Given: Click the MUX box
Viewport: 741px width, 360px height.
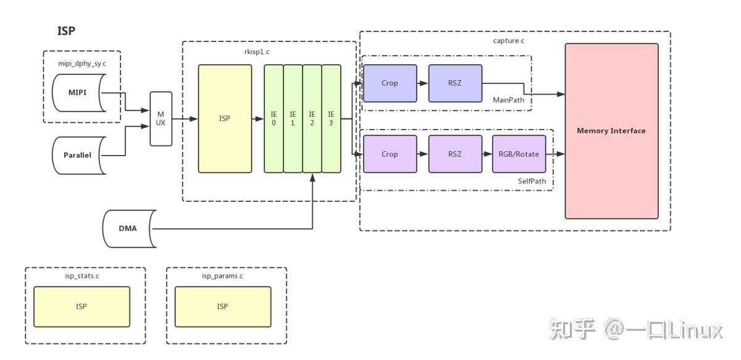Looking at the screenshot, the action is pyautogui.click(x=161, y=119).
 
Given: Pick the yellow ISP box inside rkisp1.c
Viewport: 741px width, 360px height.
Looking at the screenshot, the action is pyautogui.click(x=225, y=119).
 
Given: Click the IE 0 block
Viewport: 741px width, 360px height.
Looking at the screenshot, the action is pyautogui.click(x=274, y=119).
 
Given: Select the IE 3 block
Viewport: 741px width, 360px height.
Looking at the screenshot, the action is pyautogui.click(x=331, y=119).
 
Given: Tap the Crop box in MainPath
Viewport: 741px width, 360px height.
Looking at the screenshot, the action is pyautogui.click(x=390, y=83).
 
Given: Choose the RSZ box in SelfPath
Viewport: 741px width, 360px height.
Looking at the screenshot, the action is pyautogui.click(x=455, y=154).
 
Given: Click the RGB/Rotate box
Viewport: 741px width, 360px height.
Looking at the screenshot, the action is pyautogui.click(x=519, y=154).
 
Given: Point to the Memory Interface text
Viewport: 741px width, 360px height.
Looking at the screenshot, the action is pyautogui.click(x=611, y=131).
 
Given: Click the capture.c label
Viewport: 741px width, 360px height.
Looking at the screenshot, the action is pyautogui.click(x=508, y=41).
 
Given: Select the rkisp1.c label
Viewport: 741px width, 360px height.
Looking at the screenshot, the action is pyautogui.click(x=257, y=52).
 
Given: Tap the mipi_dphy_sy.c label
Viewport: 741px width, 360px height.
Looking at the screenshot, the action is pyautogui.click(x=82, y=64).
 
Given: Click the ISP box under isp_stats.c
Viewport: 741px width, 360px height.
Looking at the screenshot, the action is pyautogui.click(x=82, y=307).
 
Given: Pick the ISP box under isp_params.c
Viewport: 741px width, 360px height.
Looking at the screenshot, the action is pyautogui.click(x=223, y=307).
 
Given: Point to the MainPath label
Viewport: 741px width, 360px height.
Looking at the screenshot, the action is pyautogui.click(x=508, y=100).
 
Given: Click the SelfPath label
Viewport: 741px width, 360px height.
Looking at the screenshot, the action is pyautogui.click(x=532, y=182).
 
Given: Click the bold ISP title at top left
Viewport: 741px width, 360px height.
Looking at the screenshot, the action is pyautogui.click(x=66, y=31).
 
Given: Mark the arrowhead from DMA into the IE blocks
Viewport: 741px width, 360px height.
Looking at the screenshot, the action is pyautogui.click(x=312, y=178).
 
